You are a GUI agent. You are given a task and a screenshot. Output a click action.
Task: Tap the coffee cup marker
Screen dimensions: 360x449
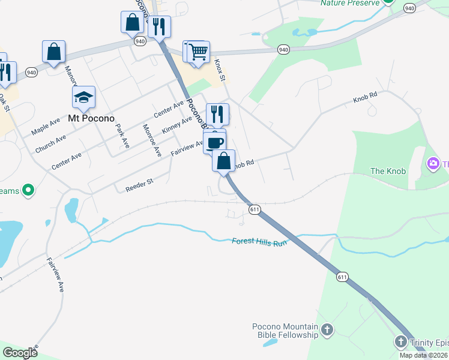214,142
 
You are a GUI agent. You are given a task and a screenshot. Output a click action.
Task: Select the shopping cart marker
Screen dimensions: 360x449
197,52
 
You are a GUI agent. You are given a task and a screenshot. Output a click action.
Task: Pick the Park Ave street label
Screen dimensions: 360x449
122,136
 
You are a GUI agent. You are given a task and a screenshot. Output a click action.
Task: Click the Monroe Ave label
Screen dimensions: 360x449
152,140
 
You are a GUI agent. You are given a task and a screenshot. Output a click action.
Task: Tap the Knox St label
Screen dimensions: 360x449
220,71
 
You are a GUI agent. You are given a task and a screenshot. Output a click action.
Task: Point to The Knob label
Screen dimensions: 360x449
388,171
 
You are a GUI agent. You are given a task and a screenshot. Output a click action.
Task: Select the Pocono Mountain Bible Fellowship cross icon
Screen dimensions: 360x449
327,329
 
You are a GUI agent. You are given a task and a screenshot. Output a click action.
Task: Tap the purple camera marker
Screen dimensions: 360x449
432,163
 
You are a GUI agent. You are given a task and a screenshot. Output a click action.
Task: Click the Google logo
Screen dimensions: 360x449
20,353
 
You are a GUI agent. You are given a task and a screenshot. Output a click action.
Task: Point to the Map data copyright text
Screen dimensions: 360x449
423,355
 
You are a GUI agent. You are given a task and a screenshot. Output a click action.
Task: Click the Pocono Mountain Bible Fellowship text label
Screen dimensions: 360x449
285,331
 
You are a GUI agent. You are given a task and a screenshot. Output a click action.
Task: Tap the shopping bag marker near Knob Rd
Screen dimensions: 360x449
223,161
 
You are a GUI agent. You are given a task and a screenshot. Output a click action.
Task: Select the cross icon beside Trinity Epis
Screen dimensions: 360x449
401,342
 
